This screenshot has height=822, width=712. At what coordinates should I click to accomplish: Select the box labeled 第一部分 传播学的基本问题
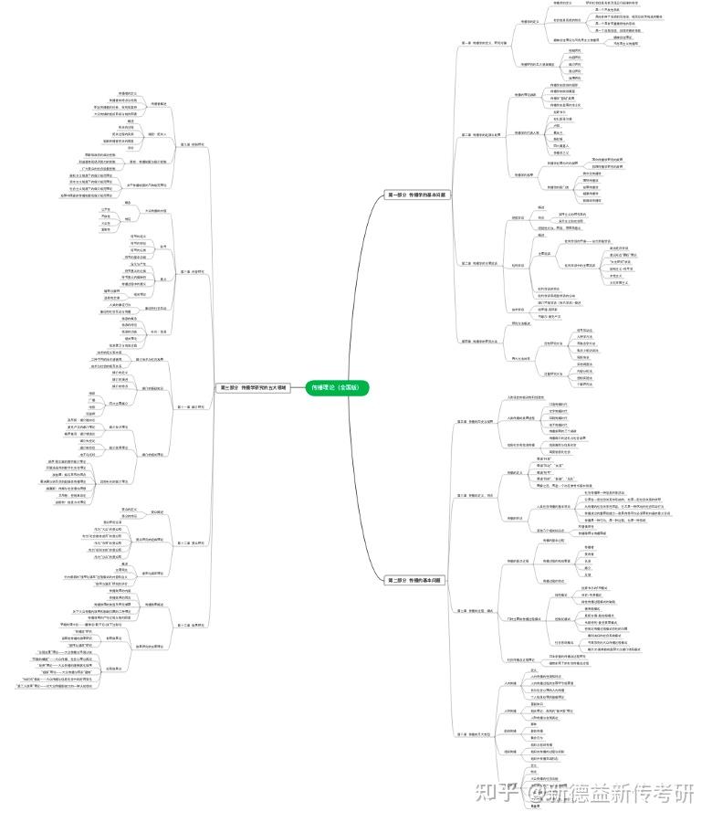click(415, 195)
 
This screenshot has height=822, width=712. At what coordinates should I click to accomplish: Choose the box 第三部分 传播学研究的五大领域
click(253, 387)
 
